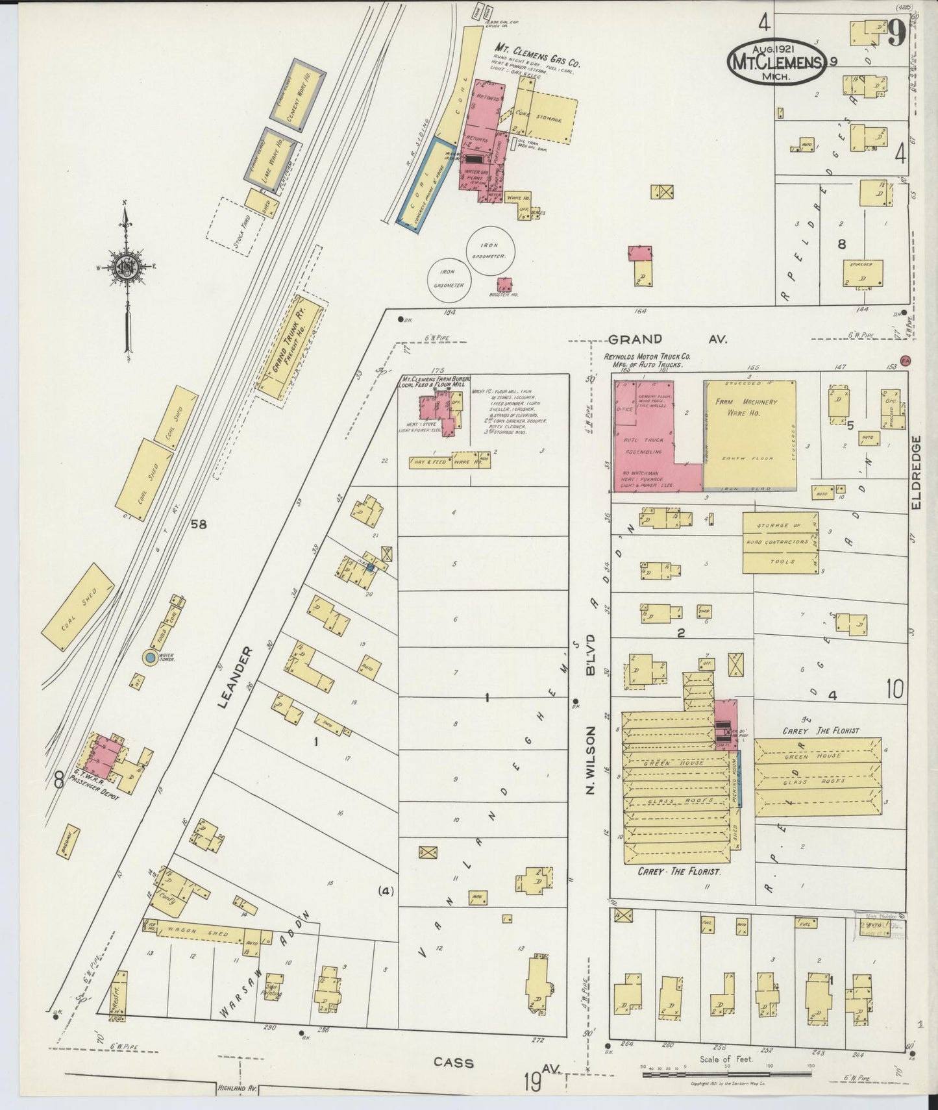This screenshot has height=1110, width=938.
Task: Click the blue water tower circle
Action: point(149,658)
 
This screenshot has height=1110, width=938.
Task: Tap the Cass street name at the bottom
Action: point(454,1063)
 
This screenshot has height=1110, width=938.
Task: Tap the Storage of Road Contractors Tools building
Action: point(780,543)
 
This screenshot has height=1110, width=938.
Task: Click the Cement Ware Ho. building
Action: point(299,92)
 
